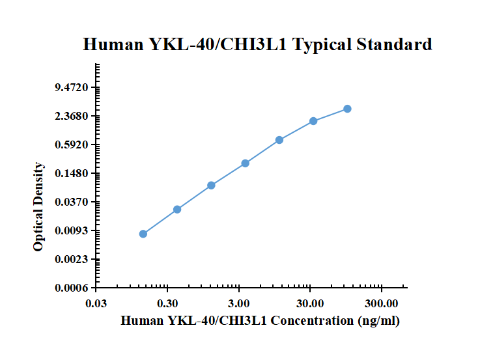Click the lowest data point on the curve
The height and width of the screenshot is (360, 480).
[x=143, y=234]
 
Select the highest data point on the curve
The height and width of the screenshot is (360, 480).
[x=347, y=109]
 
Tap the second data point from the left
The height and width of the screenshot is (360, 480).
[x=177, y=210]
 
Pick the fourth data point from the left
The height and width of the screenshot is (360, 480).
[x=245, y=163]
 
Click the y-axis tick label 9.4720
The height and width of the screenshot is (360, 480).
[x=72, y=87]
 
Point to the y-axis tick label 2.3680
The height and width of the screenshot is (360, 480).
[x=72, y=117]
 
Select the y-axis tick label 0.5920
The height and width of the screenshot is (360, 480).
[x=72, y=145]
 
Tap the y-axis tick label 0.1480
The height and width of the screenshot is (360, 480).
[x=72, y=173]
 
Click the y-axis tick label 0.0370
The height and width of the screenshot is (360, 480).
[x=72, y=202]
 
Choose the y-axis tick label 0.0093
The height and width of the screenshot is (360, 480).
[x=72, y=230]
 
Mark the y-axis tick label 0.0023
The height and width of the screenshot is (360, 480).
[x=72, y=259]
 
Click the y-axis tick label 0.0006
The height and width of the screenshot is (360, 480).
[x=72, y=288]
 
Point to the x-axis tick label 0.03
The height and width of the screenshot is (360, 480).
[x=96, y=303]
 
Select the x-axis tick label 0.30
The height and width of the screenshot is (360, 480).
[x=167, y=303]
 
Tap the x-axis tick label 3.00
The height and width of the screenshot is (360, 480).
[x=239, y=303]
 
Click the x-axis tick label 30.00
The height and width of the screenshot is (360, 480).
[x=310, y=303]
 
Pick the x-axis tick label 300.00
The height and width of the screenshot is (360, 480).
[x=382, y=303]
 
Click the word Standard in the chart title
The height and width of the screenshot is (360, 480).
[x=394, y=44]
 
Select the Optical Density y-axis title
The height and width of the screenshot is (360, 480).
[x=38, y=207]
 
